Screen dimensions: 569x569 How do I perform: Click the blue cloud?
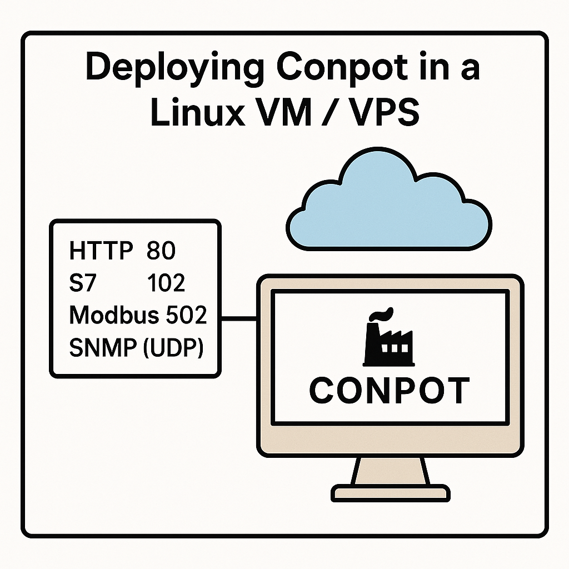point(388,206)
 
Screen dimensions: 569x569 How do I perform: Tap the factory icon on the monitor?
point(388,339)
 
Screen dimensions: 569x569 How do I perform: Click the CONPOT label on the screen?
point(389,390)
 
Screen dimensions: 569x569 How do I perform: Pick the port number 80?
point(161,251)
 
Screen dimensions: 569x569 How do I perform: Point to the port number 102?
point(166,283)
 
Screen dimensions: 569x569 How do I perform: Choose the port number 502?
point(186,316)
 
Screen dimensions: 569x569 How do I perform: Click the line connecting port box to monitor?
point(239,319)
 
